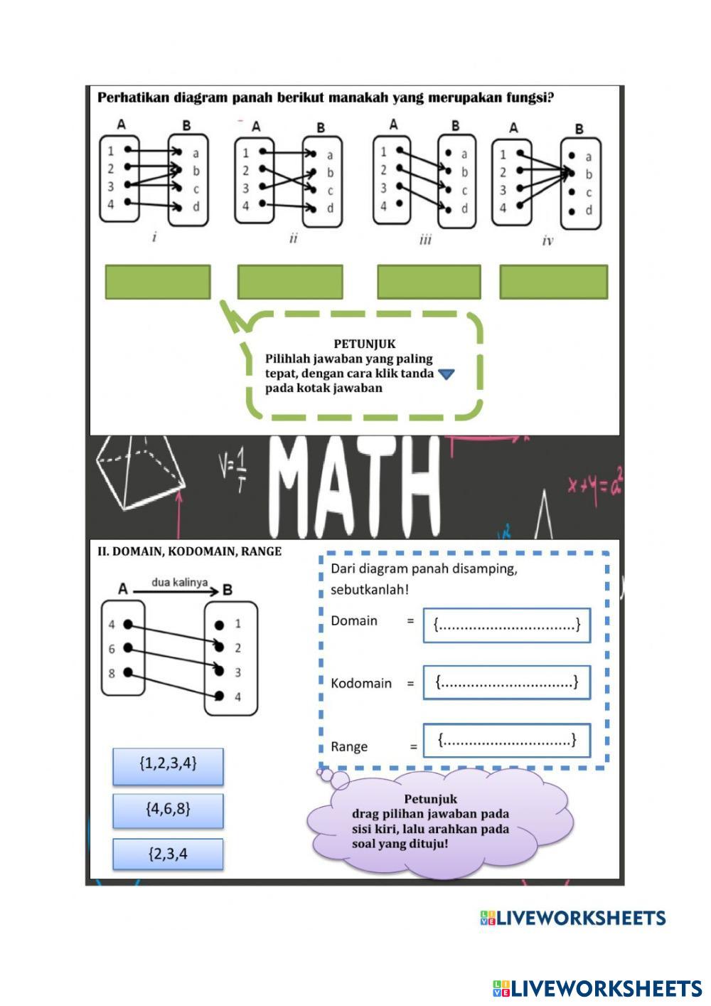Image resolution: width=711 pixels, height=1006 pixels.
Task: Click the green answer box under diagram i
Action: pos(158,282)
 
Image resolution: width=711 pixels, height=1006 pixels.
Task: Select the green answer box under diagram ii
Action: pos(290,282)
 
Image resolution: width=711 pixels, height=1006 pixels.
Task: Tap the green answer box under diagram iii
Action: pos(429,282)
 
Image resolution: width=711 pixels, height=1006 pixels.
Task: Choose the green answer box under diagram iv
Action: pos(554,282)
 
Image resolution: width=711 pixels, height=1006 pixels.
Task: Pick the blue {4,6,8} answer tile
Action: pos(168,810)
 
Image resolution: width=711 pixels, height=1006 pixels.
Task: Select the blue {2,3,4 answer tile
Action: pos(168,854)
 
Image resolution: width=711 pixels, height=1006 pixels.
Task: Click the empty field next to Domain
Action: pos(507,625)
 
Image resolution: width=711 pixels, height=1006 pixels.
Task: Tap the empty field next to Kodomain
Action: pos(507,683)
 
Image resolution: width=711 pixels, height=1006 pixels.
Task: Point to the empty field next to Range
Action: pos(507,741)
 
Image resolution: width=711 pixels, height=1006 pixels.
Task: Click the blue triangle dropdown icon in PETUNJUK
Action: pos(446,374)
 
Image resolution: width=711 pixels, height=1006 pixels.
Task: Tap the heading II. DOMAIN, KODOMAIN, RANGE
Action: pos(189,551)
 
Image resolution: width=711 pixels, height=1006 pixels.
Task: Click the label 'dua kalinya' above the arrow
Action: pos(179,582)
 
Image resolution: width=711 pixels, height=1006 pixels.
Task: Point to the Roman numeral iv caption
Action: pos(547,241)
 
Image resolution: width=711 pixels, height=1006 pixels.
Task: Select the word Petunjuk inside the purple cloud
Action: pos(430,799)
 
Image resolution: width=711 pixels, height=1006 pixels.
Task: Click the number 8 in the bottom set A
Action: pos(112,673)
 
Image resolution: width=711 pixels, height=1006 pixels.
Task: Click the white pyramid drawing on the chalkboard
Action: pos(139,473)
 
